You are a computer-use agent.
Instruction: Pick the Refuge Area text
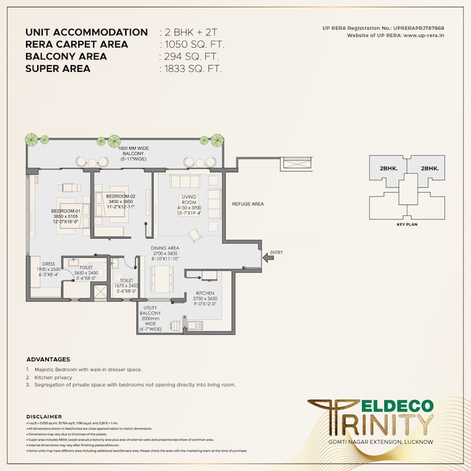point(248,204)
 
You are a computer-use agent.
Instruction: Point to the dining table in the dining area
point(164,279)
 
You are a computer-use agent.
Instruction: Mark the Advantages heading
point(48,359)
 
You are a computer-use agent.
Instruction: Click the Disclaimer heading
point(43,416)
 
